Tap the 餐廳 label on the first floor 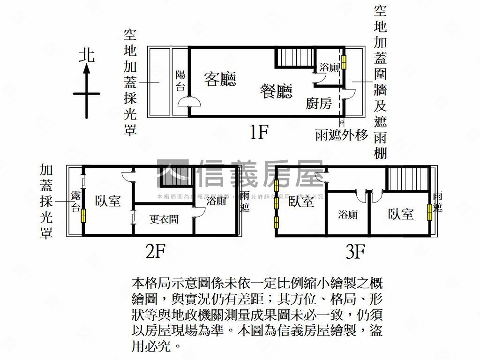[276, 91]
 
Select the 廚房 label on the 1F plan [319, 104]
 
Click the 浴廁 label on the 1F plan [329, 67]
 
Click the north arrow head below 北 [87, 69]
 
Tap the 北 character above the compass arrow [87, 55]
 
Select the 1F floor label [258, 133]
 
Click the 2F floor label [155, 252]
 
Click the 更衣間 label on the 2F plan [164, 219]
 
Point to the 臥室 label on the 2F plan [108, 201]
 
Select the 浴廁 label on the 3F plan [348, 215]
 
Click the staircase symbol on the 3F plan [407, 179]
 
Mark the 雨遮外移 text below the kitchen [342, 135]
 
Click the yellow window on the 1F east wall [345, 62]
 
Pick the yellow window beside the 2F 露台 [83, 215]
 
